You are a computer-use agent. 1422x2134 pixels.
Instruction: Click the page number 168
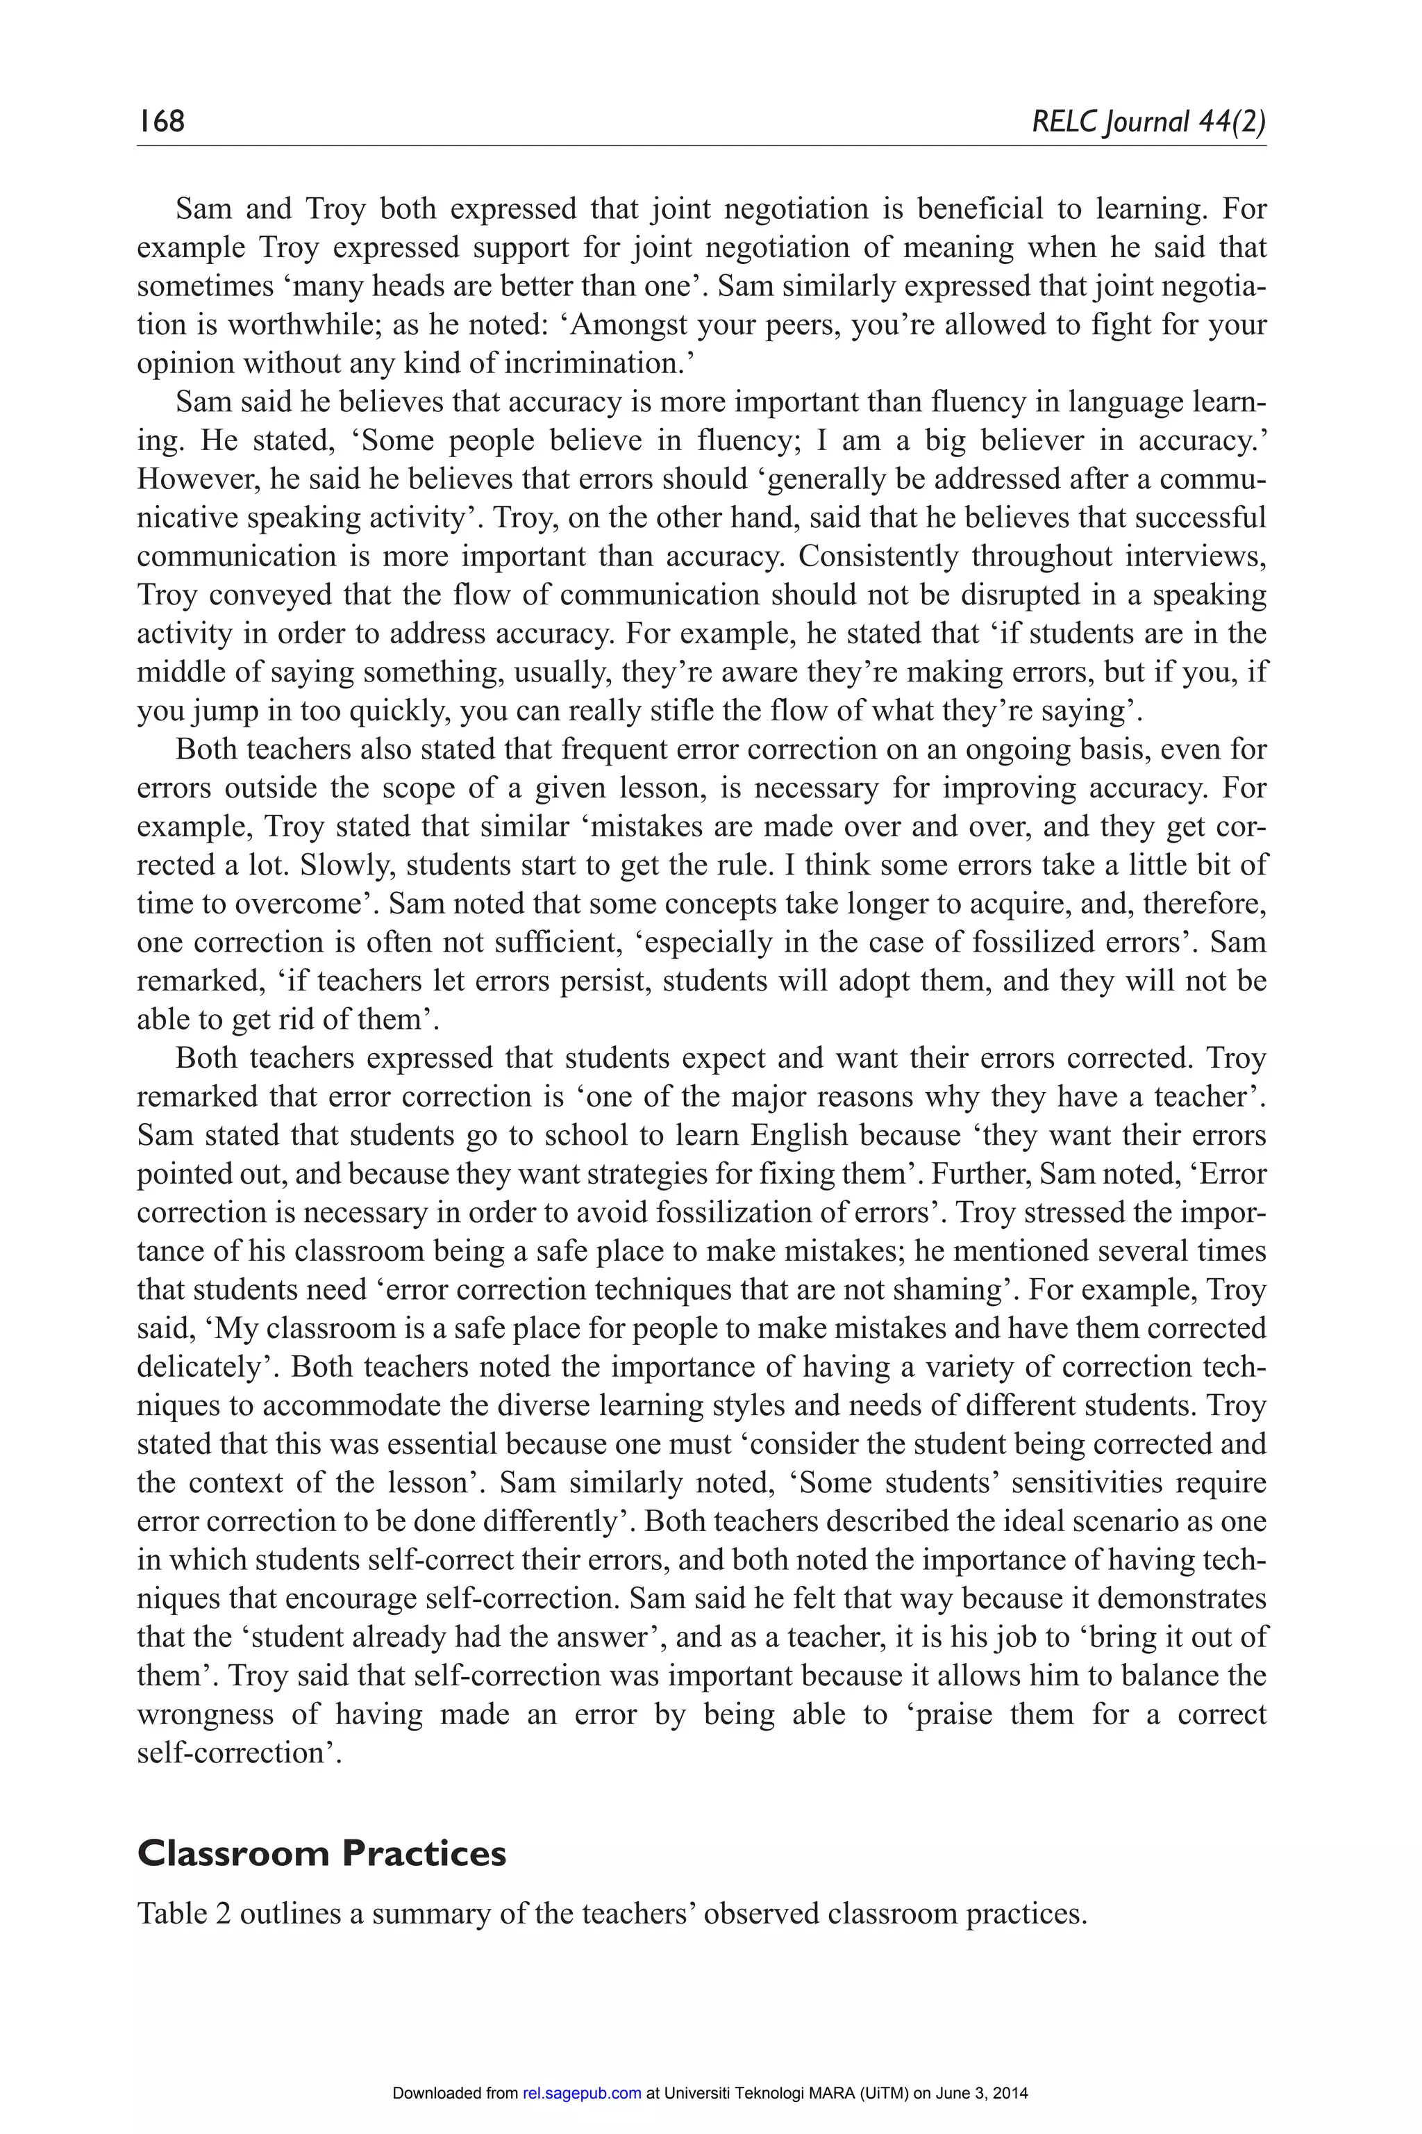[x=161, y=121]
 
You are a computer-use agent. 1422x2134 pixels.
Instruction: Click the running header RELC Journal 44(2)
[x=1148, y=121]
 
